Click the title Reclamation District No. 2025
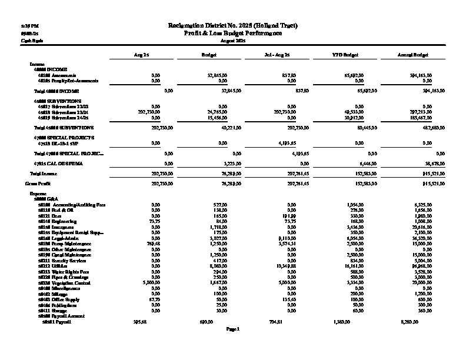point(233,26)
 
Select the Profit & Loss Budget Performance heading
point(233,34)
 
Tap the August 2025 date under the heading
point(233,41)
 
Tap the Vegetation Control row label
point(62,282)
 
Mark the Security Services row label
point(60,260)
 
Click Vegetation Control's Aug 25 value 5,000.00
point(151,282)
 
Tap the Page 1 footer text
point(233,329)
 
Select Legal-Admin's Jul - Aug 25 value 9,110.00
point(285,238)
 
